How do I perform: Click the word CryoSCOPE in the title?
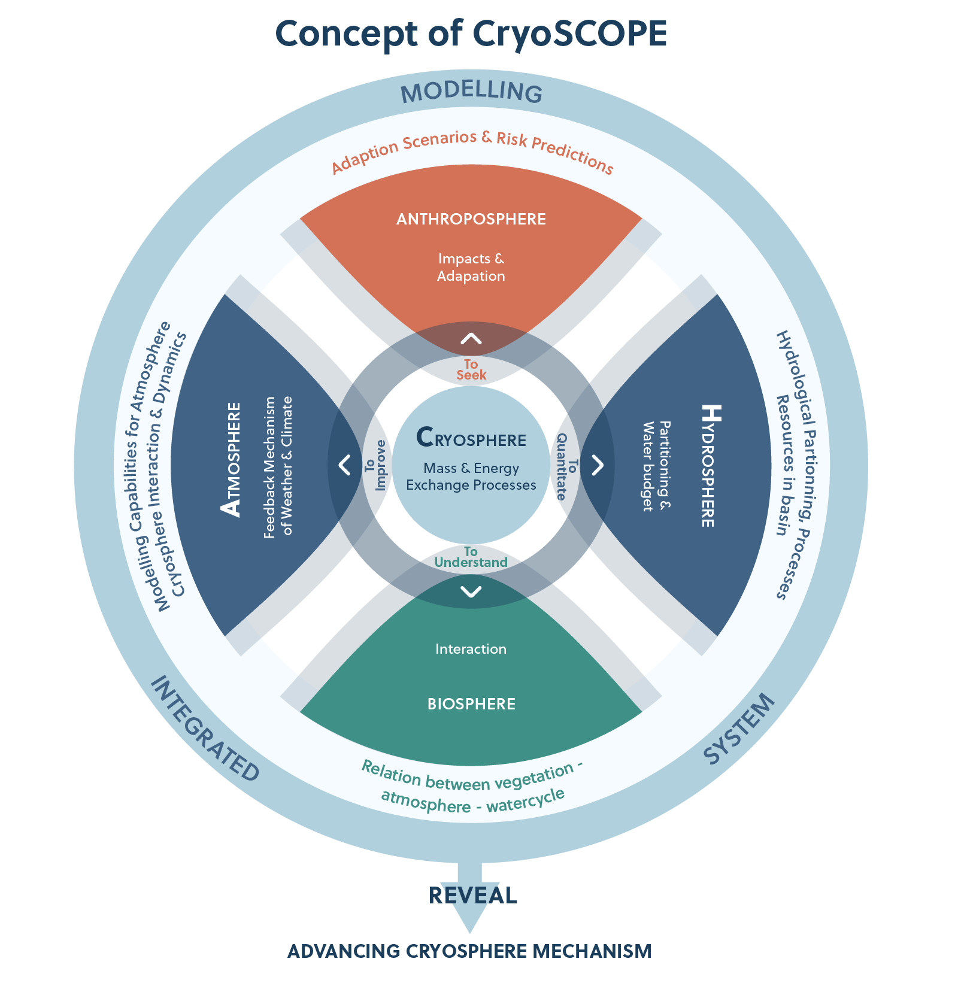coord(569,34)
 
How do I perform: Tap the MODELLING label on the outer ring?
coord(471,92)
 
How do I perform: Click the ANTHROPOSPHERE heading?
coord(471,219)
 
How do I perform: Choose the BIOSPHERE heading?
coord(471,704)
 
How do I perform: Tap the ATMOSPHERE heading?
coord(231,459)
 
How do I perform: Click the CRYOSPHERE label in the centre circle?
coord(471,438)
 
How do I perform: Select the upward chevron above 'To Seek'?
coord(471,339)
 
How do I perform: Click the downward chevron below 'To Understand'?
coord(471,592)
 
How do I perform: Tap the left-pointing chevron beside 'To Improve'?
coord(345,465)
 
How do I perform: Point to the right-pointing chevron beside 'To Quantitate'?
coord(598,465)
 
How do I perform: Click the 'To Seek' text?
coord(471,369)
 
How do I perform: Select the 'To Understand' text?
coord(471,557)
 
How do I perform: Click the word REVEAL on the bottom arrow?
coord(473,896)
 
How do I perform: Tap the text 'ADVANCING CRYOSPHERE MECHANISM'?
coord(469,951)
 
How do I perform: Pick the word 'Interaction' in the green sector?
coord(471,649)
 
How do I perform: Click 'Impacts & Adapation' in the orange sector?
coord(471,267)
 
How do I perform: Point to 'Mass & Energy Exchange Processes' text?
coord(471,477)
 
